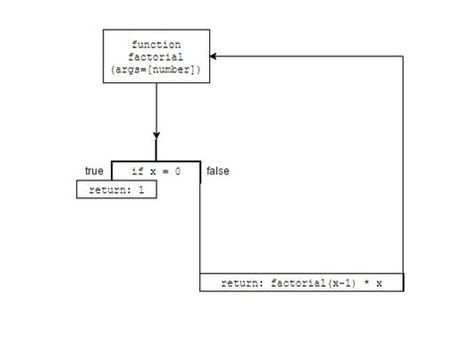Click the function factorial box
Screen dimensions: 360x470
[x=157, y=57]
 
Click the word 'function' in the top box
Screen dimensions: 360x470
[x=156, y=45]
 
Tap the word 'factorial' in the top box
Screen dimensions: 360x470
[x=156, y=57]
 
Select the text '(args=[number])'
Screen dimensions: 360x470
[x=156, y=69]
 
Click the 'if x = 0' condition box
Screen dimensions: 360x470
[x=156, y=172]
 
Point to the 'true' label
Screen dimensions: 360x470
[x=94, y=171]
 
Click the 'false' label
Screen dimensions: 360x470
[x=217, y=172]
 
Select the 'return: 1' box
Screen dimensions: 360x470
[x=116, y=190]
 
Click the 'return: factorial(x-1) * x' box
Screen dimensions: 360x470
[x=301, y=283]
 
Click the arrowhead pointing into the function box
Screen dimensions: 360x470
[x=215, y=57]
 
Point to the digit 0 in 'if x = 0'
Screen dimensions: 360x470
[x=177, y=172]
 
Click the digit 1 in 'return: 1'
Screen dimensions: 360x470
[x=142, y=190]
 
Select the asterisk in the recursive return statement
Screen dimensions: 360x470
[x=364, y=283]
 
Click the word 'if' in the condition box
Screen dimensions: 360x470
[x=137, y=172]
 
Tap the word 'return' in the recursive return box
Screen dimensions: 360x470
[x=238, y=283]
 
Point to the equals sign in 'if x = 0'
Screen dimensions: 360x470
[x=165, y=172]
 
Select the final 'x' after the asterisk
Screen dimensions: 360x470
[x=379, y=283]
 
